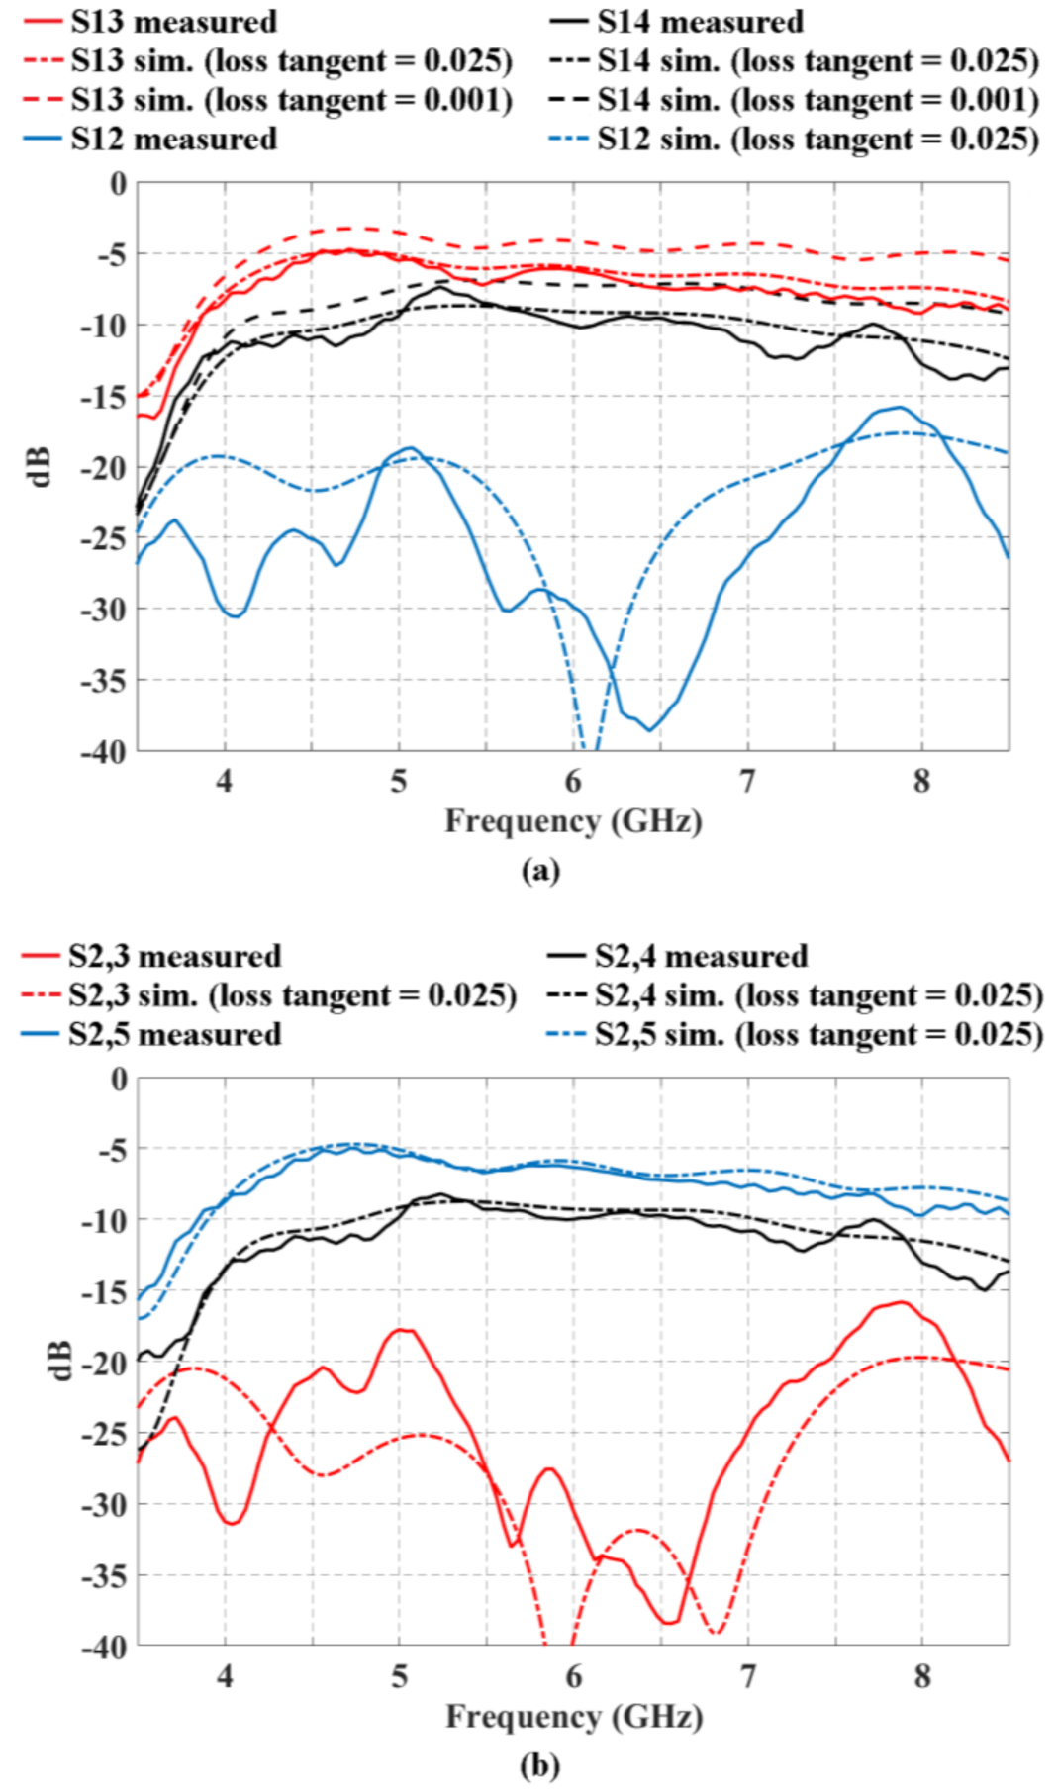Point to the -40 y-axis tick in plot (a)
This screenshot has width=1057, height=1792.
pyautogui.click(x=103, y=752)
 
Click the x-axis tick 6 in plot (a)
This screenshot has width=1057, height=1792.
pyautogui.click(x=573, y=782)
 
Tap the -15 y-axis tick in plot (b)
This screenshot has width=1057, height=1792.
pyautogui.click(x=105, y=1291)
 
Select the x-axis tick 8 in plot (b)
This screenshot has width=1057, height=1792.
pyautogui.click(x=922, y=1676)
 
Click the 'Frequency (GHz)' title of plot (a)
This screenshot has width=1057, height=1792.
pyautogui.click(x=573, y=821)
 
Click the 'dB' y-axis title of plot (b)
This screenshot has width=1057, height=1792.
pyautogui.click(x=59, y=1361)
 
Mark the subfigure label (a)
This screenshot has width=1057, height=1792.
pyautogui.click(x=540, y=870)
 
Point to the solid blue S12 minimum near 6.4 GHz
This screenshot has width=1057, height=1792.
pyautogui.click(x=650, y=729)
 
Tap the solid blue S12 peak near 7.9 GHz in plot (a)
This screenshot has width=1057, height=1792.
pyautogui.click(x=899, y=408)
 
